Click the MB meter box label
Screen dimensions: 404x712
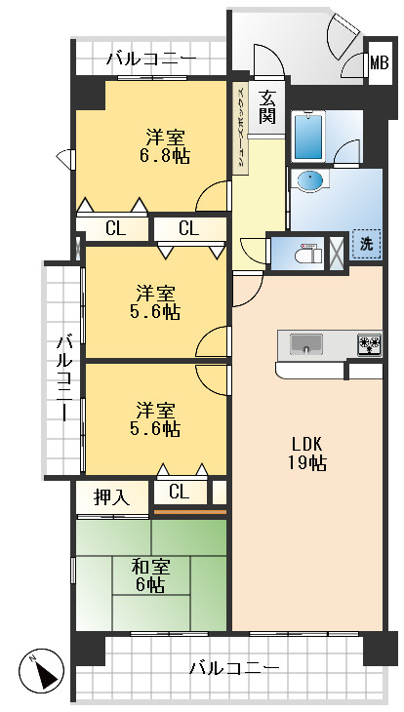(x=379, y=63)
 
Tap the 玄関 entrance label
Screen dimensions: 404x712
(x=267, y=107)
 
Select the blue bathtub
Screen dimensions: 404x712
(x=308, y=137)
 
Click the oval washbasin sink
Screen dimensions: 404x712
(x=311, y=179)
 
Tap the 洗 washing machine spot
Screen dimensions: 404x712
(x=366, y=245)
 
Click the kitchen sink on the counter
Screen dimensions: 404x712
(x=306, y=343)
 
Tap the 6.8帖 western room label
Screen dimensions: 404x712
(x=165, y=146)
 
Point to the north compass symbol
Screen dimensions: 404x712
(x=41, y=670)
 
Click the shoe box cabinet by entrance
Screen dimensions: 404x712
(x=240, y=128)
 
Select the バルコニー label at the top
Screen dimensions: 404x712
(x=152, y=59)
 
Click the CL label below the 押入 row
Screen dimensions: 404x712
(x=180, y=492)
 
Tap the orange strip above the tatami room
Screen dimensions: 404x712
(x=190, y=512)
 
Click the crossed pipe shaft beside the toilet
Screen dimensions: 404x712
(x=337, y=254)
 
